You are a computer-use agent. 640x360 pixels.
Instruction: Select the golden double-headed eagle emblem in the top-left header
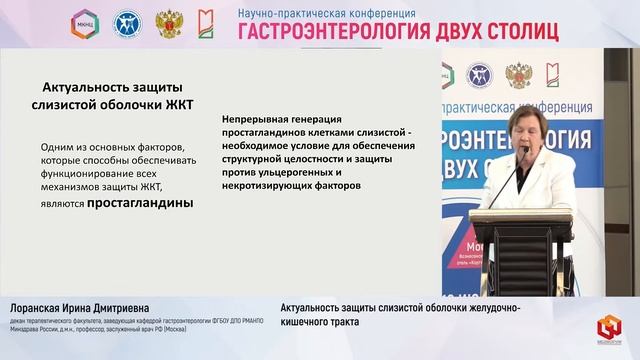(169, 23)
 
